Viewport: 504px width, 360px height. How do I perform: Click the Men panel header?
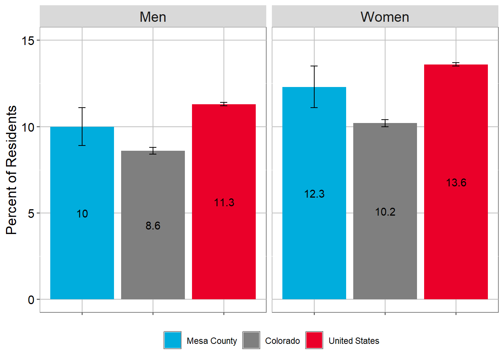click(153, 16)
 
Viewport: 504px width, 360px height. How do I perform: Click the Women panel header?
click(385, 16)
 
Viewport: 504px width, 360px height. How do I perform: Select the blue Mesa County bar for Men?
click(82, 213)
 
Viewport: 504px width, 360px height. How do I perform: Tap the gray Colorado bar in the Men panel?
click(153, 225)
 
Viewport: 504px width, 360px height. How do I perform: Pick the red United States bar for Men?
click(224, 202)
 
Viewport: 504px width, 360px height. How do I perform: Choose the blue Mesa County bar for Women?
click(314, 193)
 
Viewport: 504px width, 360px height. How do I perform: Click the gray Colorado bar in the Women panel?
click(385, 211)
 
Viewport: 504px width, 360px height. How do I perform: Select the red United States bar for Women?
click(456, 182)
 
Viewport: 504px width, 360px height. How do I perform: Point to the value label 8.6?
click(153, 226)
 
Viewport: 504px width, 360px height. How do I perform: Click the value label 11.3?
click(224, 202)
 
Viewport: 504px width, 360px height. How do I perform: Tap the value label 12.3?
click(314, 194)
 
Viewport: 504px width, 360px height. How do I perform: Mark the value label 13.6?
click(456, 183)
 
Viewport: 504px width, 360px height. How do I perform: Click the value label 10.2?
click(385, 212)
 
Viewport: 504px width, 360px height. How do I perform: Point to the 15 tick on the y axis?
click(28, 41)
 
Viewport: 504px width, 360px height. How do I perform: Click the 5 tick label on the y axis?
click(31, 213)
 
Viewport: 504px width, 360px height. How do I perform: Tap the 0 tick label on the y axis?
click(31, 300)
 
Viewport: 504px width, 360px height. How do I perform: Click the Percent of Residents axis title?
click(11, 170)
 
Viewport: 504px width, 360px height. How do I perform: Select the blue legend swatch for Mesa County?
click(172, 340)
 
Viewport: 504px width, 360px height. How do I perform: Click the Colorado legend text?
click(282, 341)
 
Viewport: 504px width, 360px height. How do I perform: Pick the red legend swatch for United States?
click(314, 340)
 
